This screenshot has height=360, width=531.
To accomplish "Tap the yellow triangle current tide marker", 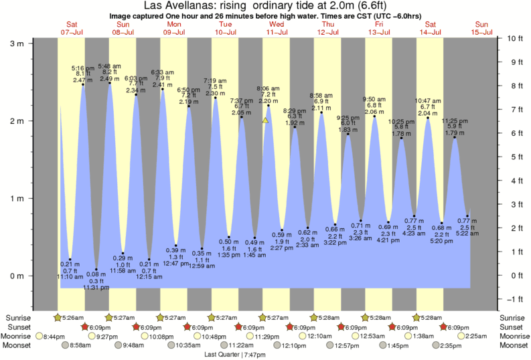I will pos(266,120).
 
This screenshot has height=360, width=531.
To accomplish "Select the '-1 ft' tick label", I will pos(514,299).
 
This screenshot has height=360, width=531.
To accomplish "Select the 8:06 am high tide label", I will pos(268,88).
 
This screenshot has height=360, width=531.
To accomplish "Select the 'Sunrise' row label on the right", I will pos(513,317).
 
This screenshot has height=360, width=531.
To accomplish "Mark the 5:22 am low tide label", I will pos(467,233).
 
